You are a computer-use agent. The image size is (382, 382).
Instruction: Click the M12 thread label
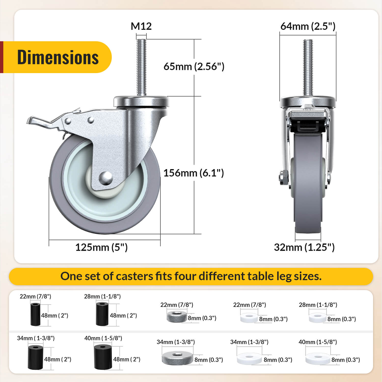pyautogui.click(x=141, y=26)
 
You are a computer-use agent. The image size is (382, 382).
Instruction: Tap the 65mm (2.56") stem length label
pyautogui.click(x=194, y=66)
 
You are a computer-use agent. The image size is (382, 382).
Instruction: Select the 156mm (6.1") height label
pyautogui.click(x=194, y=173)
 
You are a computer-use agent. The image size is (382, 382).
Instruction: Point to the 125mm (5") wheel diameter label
pyautogui.click(x=101, y=247)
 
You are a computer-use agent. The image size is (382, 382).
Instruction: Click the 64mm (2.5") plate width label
pyautogui.click(x=308, y=26)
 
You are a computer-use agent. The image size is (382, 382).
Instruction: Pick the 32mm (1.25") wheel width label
pyautogui.click(x=304, y=247)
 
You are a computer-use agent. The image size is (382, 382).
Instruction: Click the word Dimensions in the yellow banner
pyautogui.click(x=58, y=57)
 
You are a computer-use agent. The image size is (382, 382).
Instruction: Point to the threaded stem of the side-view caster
pyautogui.click(x=141, y=67)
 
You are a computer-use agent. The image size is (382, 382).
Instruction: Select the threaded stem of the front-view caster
pyautogui.click(x=308, y=67)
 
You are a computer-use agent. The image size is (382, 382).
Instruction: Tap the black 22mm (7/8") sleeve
pyautogui.click(x=35, y=314)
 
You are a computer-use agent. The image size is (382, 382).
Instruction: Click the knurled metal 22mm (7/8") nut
pyautogui.click(x=177, y=316)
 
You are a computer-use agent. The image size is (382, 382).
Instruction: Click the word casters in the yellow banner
pyautogui.click(x=134, y=276)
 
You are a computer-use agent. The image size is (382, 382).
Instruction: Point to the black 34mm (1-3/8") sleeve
pyautogui.click(x=35, y=357)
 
